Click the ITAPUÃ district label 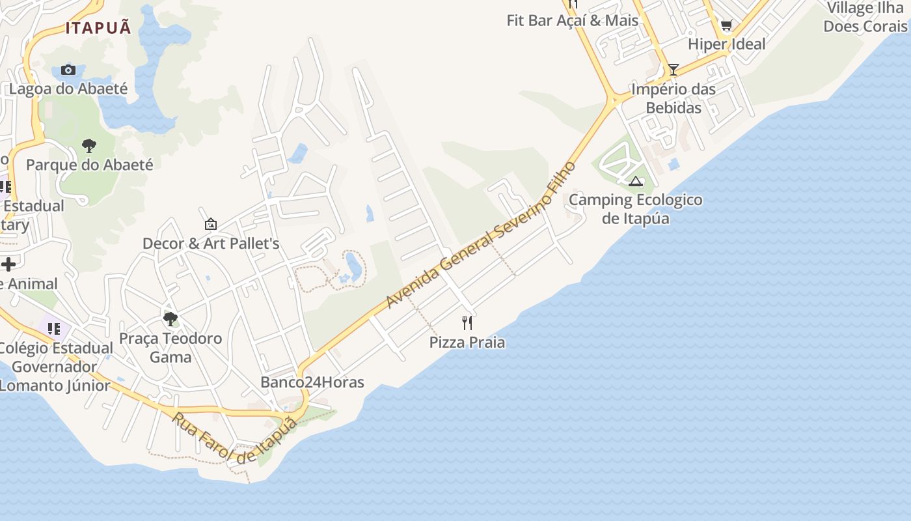tap(98, 27)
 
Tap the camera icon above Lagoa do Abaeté tap(68, 70)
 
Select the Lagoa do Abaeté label tap(68, 89)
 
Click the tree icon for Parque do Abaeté tap(89, 146)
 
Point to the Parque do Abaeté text tap(90, 165)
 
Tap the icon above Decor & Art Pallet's tap(211, 224)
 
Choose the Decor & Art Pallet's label tap(211, 244)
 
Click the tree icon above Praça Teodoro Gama tap(170, 318)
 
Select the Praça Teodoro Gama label tap(170, 348)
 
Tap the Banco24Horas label tap(312, 382)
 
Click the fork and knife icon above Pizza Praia tap(467, 322)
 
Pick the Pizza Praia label tap(467, 343)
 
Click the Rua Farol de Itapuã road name tap(234, 438)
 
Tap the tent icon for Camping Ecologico tap(636, 181)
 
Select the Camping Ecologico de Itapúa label tap(636, 209)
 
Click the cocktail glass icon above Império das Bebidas tap(673, 70)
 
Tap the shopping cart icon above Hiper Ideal tap(726, 26)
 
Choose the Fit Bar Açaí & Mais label tap(573, 20)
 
